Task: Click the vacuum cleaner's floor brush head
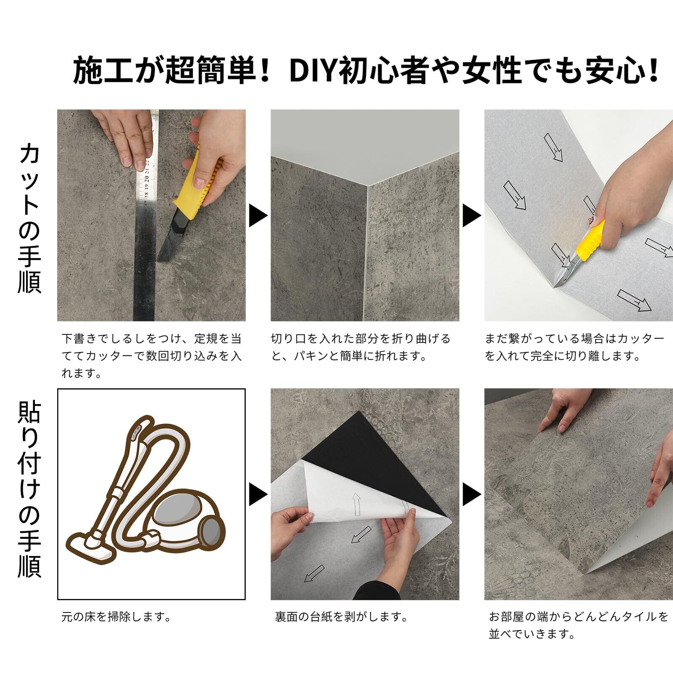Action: point(90,547)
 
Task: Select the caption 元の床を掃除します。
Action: point(117,617)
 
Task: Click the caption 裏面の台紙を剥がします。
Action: point(342,617)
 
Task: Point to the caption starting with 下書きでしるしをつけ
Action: point(152,356)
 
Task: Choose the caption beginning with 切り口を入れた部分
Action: point(361,347)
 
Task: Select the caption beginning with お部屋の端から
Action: point(579,626)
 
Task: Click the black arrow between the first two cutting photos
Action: point(258,216)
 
